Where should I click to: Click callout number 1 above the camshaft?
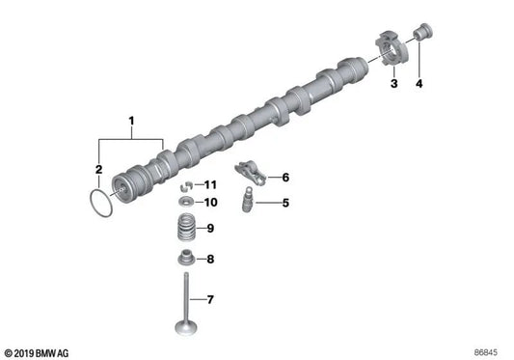click(131, 123)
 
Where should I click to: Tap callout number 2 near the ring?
click(98, 171)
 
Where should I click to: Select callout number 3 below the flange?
click(393, 86)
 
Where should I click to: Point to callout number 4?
click(419, 86)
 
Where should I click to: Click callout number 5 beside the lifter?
click(286, 203)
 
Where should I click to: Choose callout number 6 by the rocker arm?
click(285, 178)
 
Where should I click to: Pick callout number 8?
click(211, 258)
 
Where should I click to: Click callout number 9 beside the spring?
click(211, 229)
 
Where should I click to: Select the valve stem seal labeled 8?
click(183, 259)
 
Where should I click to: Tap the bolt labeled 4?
click(420, 37)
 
